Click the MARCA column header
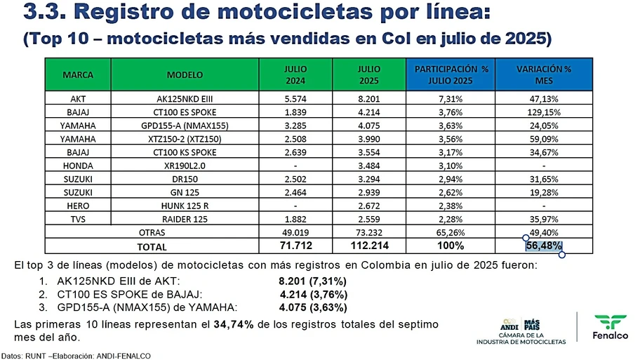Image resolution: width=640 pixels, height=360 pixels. click(x=78, y=74)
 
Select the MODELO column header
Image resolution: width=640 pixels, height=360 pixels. click(x=185, y=74)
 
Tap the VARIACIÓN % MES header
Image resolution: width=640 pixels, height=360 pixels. click(x=544, y=74)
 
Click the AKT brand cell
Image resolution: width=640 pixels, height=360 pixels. click(x=78, y=99)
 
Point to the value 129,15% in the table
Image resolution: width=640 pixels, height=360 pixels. click(x=544, y=112)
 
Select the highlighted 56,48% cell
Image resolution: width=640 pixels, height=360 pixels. click(x=544, y=246)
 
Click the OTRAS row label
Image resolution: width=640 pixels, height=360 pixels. click(x=152, y=232)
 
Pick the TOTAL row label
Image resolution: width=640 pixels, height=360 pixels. click(x=152, y=246)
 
